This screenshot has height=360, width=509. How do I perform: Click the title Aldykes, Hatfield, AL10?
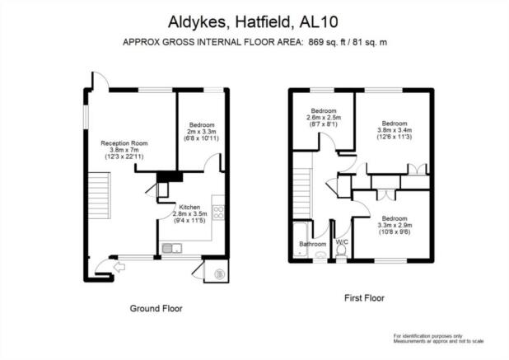(x=253, y=22)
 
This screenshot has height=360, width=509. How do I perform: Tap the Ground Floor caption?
(x=156, y=308)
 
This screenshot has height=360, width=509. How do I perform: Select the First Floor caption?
(x=364, y=298)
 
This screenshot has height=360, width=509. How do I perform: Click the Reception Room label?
(x=124, y=143)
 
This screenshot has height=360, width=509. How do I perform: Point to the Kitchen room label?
(x=189, y=207)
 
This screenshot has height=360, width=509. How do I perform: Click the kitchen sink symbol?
(x=172, y=248)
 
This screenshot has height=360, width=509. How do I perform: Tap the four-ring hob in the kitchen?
(x=218, y=213)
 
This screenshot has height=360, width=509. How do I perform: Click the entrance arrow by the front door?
(x=119, y=267)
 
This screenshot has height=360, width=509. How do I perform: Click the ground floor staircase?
(x=100, y=196)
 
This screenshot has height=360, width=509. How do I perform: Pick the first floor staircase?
(x=302, y=193)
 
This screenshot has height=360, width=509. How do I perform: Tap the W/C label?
(x=342, y=242)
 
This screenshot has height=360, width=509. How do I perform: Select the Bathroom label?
(x=313, y=244)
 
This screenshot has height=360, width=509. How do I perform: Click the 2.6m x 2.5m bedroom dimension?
(x=324, y=118)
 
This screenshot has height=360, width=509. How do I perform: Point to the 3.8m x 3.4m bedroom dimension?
(x=395, y=130)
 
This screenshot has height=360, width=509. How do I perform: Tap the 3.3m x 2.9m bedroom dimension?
(x=395, y=225)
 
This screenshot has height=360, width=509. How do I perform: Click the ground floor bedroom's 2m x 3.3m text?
(x=202, y=132)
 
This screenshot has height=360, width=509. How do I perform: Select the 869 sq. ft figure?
(x=327, y=42)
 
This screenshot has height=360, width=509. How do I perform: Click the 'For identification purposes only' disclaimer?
(x=427, y=336)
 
